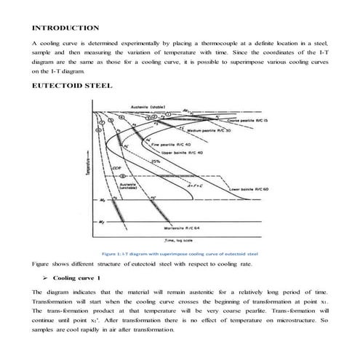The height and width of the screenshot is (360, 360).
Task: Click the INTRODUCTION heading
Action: tap(65, 28)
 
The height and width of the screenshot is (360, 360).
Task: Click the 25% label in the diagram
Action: tap(154, 161)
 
